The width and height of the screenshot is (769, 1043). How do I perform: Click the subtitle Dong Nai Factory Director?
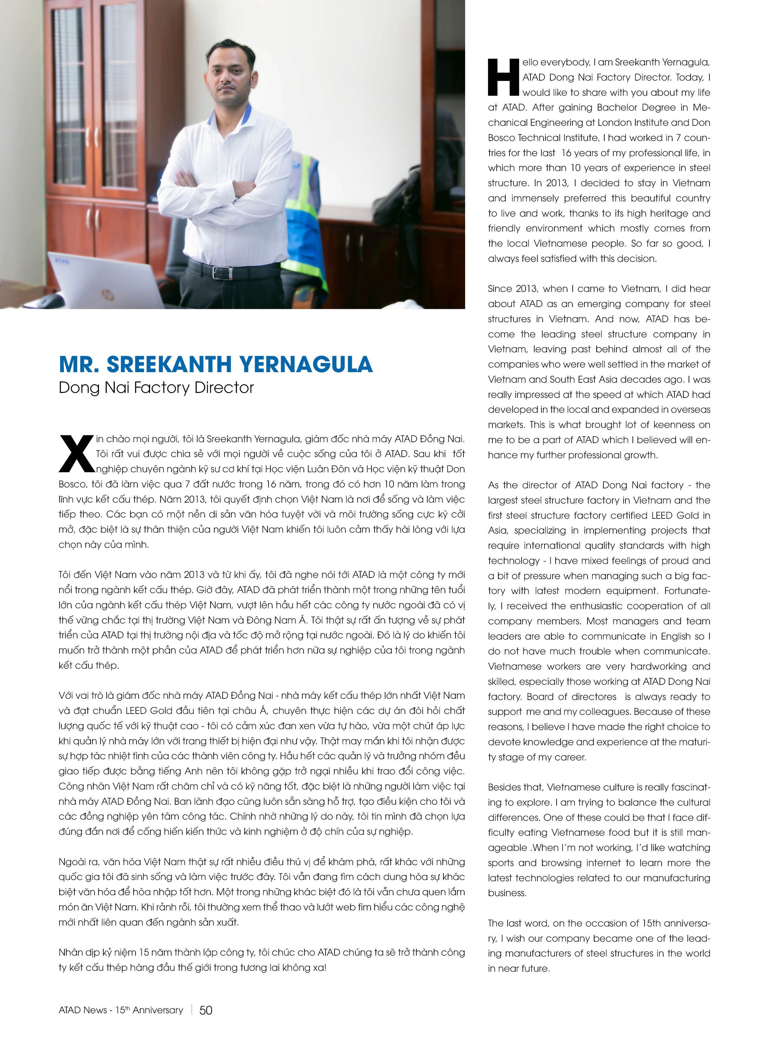click(x=156, y=388)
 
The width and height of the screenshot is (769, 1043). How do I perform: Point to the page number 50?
click(x=206, y=1010)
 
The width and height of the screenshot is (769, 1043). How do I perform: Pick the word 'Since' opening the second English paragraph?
click(x=500, y=288)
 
